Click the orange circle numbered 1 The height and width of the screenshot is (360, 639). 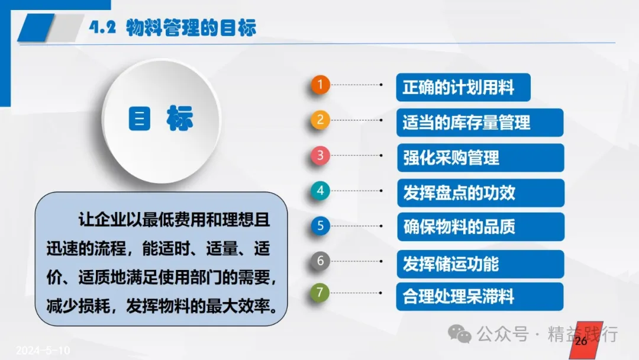320,85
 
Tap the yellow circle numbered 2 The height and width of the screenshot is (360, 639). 320,120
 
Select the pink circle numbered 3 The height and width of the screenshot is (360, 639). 320,155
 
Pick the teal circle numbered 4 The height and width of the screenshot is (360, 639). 320,191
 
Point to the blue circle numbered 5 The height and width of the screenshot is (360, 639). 320,226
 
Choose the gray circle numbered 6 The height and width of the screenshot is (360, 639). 320,261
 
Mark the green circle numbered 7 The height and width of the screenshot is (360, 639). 320,292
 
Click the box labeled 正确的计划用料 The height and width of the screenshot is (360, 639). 463,87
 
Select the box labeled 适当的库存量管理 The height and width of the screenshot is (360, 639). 480,123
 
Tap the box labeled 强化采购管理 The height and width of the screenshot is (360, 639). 480,157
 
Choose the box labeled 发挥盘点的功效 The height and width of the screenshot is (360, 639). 481,193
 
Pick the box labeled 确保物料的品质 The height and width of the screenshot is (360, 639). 481,227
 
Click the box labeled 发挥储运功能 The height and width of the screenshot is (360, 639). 480,264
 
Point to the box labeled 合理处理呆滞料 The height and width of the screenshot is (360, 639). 480,297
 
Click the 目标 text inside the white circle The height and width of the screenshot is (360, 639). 160,118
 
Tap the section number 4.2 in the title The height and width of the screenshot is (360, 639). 102,27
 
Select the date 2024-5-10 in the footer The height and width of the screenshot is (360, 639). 43,350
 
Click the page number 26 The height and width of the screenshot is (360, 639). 581,341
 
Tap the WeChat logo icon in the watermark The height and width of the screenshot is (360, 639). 460,334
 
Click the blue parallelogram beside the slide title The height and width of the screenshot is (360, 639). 36,28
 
